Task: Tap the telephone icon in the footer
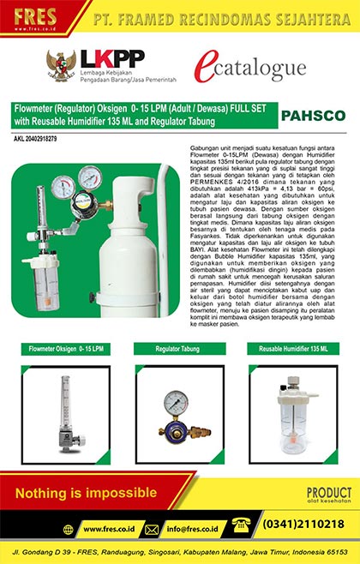[x=242, y=522]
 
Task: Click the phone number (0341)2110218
[x=304, y=524]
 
